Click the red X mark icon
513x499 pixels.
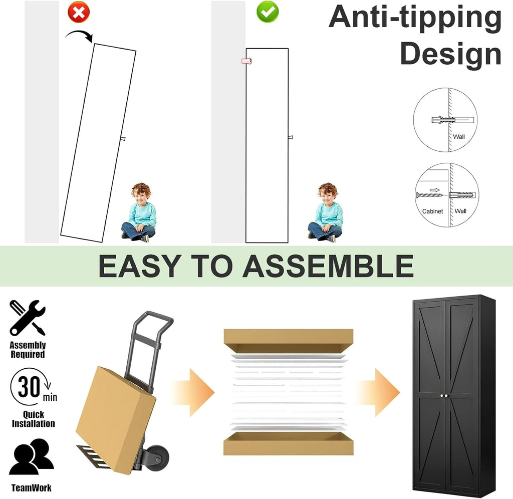(79, 12)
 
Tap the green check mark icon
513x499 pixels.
(268, 12)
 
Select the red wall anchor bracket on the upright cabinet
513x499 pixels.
(246, 61)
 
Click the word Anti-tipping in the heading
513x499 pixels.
(415, 18)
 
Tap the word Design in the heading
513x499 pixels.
(450, 54)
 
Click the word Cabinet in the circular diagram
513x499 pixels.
(432, 211)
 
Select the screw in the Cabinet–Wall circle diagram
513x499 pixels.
(429, 195)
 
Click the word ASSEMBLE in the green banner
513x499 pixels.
(328, 266)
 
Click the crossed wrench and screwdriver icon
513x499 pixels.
(28, 318)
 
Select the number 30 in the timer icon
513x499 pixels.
(29, 387)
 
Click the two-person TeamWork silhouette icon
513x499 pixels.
(32, 457)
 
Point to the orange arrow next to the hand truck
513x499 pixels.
(193, 392)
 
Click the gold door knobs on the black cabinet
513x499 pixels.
(444, 396)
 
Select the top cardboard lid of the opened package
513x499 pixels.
(289, 341)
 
